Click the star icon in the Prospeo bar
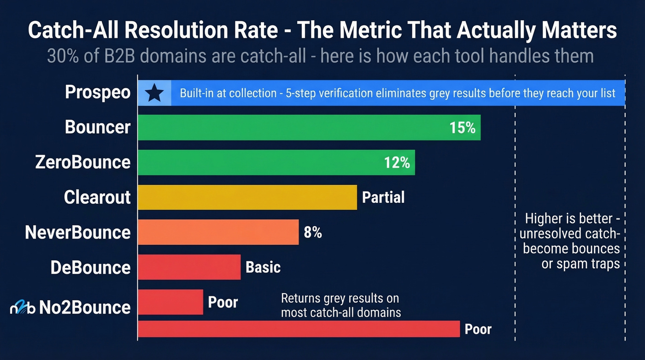154,94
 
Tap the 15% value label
462,128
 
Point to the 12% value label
397,162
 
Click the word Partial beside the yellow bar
383,197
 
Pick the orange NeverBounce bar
218,232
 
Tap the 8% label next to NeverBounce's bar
312,232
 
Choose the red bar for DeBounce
189,267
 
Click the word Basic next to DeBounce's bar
263,267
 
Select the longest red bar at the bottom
299,329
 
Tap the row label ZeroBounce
83,162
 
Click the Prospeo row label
98,92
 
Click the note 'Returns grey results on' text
340,298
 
